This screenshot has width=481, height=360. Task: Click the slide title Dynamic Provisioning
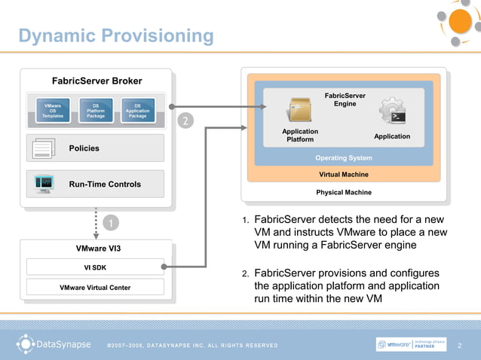pos(116,36)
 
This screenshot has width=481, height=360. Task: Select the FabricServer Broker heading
pos(97,81)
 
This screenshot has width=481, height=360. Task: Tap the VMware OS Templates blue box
pos(53,111)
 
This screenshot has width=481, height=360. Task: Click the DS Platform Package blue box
pos(96,111)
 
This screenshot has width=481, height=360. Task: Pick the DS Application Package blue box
pos(137,111)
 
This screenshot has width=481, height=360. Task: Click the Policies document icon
pos(44,149)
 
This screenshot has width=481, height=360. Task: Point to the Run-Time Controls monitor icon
pos(44,183)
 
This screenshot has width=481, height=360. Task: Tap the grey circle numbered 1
pos(110,224)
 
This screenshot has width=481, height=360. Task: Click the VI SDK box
pos(95,267)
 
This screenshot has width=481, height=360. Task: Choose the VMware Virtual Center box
pos(95,287)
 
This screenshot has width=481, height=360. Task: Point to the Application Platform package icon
pos(299,111)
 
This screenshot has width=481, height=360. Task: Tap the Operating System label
pos(343,158)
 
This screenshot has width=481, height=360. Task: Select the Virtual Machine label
pos(344,174)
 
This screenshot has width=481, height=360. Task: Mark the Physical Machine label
pos(344,192)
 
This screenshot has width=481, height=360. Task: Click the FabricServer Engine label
pos(345,99)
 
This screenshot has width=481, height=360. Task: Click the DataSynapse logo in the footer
pos(54,345)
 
